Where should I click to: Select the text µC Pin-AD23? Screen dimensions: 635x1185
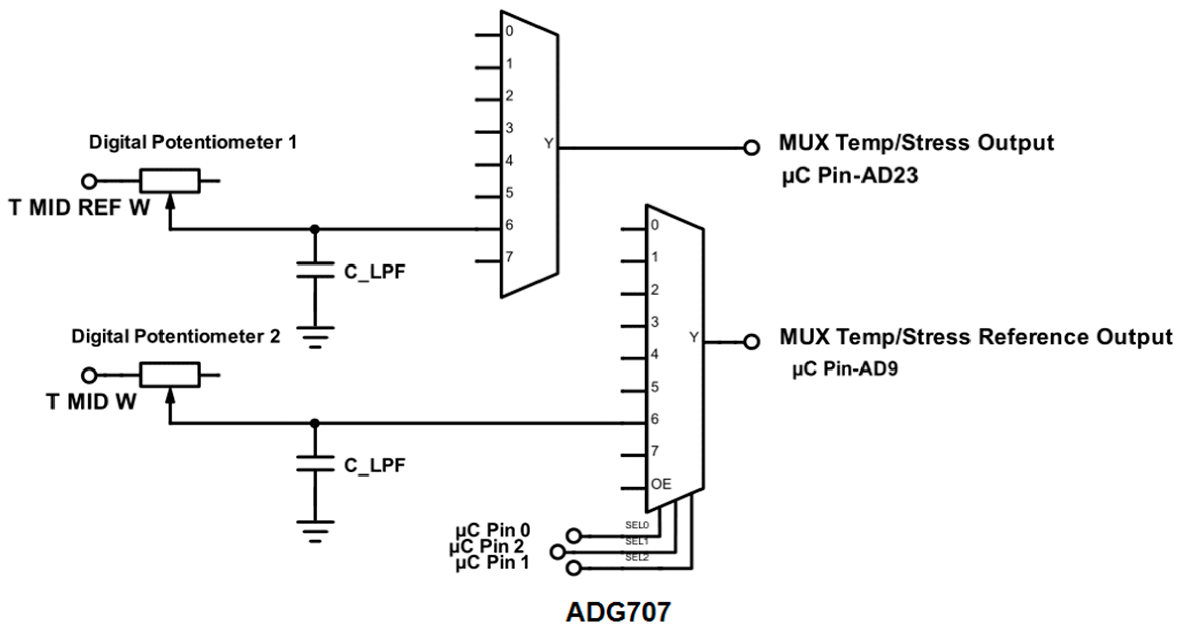pos(850,176)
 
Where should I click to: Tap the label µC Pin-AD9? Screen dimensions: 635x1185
pos(845,369)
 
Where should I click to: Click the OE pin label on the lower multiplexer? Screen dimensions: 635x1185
pos(661,484)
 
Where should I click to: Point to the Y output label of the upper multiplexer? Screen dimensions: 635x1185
pos(549,144)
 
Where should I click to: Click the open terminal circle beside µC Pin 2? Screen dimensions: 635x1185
pos(558,552)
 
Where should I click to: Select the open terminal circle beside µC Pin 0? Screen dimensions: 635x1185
pos(574,535)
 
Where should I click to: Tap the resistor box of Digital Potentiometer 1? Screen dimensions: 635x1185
pos(170,181)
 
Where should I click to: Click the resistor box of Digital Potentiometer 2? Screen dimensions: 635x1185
pos(170,375)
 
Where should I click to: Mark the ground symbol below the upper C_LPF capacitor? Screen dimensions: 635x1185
pos(315,337)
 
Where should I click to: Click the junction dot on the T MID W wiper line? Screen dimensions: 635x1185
pos(315,423)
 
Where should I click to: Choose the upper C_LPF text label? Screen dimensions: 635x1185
pos(374,272)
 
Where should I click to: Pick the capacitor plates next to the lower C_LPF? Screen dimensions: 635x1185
pos(315,463)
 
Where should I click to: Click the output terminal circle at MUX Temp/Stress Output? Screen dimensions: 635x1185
pos(752,148)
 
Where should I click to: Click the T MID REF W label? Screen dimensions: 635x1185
pos(80,207)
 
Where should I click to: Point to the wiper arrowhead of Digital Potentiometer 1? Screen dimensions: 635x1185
pos(170,202)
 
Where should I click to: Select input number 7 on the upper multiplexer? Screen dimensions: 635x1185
pos(509,257)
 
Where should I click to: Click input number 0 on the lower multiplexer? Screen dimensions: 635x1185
pos(655,225)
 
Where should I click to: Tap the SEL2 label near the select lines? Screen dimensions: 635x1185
pos(637,558)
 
